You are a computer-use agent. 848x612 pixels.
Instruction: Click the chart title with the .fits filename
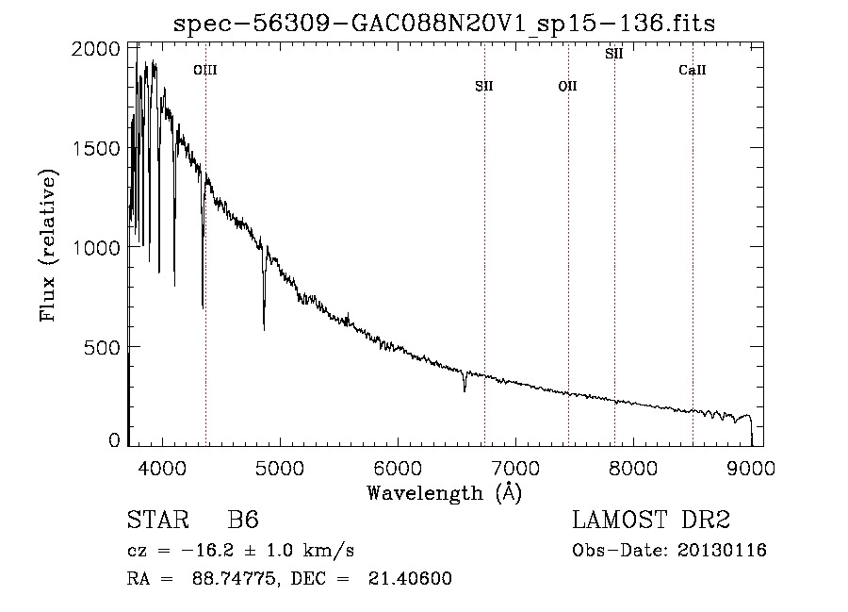coord(444,24)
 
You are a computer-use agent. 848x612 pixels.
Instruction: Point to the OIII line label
coord(205,70)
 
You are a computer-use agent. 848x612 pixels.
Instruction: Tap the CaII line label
coord(693,70)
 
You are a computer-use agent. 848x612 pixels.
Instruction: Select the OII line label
coord(568,86)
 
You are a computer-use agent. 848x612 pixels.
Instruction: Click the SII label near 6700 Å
coord(484,86)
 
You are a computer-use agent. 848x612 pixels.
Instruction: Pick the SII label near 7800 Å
coord(613,54)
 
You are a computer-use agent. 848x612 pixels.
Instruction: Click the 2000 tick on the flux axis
coord(96,49)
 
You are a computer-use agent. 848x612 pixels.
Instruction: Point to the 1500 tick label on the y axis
coord(96,148)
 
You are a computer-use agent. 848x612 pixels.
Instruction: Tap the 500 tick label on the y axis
coord(102,347)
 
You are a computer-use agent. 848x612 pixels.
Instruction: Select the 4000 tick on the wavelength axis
coord(162,468)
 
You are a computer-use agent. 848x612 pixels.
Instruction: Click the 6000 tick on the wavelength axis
coord(398,468)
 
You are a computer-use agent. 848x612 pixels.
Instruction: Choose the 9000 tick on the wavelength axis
coord(751,468)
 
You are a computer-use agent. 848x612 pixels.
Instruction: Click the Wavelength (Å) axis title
coord(445,493)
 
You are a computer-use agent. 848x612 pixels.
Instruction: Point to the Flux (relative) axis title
coord(48,246)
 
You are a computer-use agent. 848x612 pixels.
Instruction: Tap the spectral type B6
coord(243,520)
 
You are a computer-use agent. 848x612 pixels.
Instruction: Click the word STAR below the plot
coord(157,520)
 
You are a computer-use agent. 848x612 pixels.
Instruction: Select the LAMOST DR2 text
coord(651,520)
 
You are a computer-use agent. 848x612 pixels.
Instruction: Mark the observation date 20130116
coord(722,551)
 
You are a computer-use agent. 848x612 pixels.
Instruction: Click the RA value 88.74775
coord(236,578)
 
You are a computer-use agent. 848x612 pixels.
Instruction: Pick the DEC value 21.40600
coord(410,578)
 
